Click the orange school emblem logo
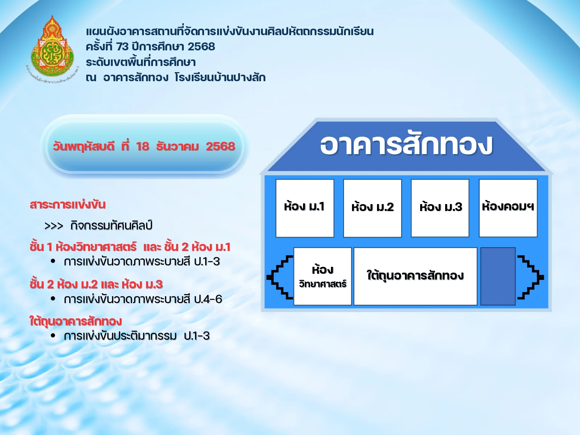[53, 49]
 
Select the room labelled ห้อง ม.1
[304, 208]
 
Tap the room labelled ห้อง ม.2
[372, 208]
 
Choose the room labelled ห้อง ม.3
[440, 208]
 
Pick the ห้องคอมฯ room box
[508, 208]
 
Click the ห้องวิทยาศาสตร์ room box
[322, 276]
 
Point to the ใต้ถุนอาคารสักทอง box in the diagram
[415, 276]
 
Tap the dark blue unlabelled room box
[498, 276]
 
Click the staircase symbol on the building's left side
[280, 277]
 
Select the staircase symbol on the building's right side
[531, 277]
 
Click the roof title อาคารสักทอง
[406, 144]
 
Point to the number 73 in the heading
[123, 47]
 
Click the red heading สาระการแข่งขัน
[68, 204]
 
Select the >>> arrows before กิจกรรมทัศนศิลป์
[53, 226]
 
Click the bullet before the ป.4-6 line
[53, 299]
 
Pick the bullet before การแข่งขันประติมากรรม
[53, 336]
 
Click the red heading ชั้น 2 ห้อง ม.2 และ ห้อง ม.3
[96, 284]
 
